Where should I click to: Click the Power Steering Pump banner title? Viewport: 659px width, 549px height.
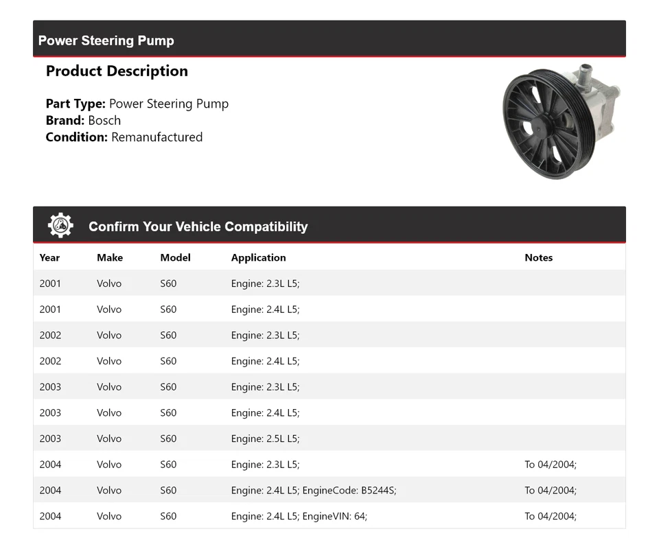pos(106,40)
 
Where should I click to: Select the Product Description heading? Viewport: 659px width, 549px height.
pos(117,71)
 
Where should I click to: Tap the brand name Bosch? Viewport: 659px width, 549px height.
pos(104,120)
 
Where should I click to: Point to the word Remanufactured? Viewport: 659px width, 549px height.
pos(157,137)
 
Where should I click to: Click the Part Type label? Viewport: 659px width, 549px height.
pos(76,104)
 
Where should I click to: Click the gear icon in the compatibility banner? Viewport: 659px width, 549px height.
pos(60,226)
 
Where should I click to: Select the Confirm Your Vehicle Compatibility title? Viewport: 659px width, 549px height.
pos(198,226)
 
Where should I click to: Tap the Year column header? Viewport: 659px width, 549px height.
pos(49,258)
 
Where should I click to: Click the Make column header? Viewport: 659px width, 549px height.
pos(110,258)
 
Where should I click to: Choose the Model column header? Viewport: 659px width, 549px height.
pos(175,258)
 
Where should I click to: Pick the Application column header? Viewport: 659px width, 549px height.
pos(258,258)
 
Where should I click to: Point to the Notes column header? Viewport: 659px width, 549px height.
pos(538,258)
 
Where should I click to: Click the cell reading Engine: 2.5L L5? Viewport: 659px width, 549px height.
pos(265,439)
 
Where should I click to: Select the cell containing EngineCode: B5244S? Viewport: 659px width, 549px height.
pos(314,490)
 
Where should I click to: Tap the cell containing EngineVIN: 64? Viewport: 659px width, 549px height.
pos(299,516)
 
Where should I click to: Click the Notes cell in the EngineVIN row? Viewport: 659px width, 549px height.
pos(551,516)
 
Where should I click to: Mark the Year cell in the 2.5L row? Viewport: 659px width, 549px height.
pos(50,439)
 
